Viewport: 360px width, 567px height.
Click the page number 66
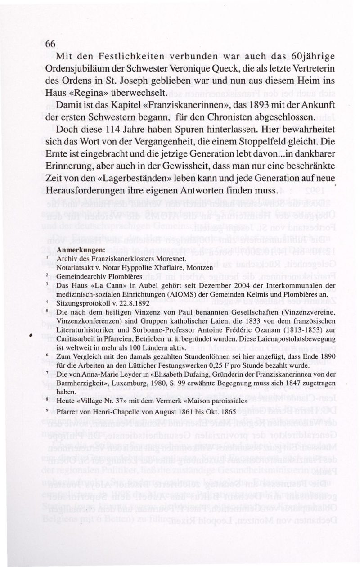pos(50,44)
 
